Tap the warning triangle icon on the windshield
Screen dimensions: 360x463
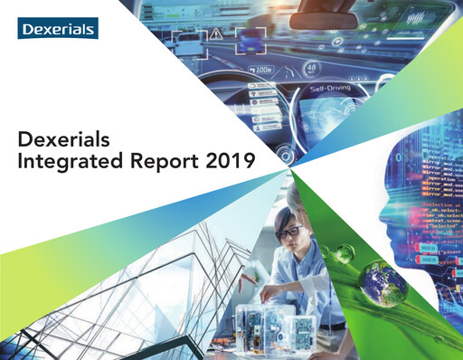(220, 33)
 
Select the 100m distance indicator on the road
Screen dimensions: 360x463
(265, 69)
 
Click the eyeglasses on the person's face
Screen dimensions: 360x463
(289, 232)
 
